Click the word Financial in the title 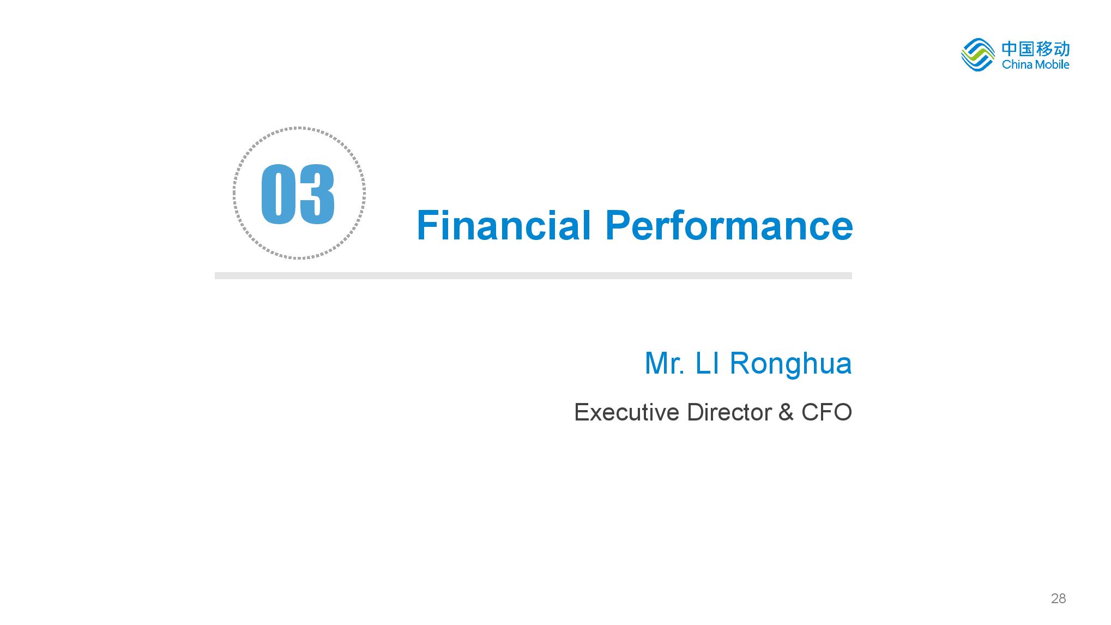pyautogui.click(x=504, y=225)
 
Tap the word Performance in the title pyautogui.click(x=729, y=225)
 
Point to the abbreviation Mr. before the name pyautogui.click(x=665, y=364)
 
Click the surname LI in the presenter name pyautogui.click(x=708, y=364)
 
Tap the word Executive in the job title pyautogui.click(x=627, y=412)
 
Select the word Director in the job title pyautogui.click(x=729, y=412)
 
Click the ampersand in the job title pyautogui.click(x=786, y=413)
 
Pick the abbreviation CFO pyautogui.click(x=826, y=413)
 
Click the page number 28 pyautogui.click(x=1058, y=599)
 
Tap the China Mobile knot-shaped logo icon pyautogui.click(x=978, y=55)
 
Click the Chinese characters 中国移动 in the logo pyautogui.click(x=1036, y=49)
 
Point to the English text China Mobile pyautogui.click(x=1036, y=64)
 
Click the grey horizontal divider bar pyautogui.click(x=533, y=276)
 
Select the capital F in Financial pyautogui.click(x=428, y=225)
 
